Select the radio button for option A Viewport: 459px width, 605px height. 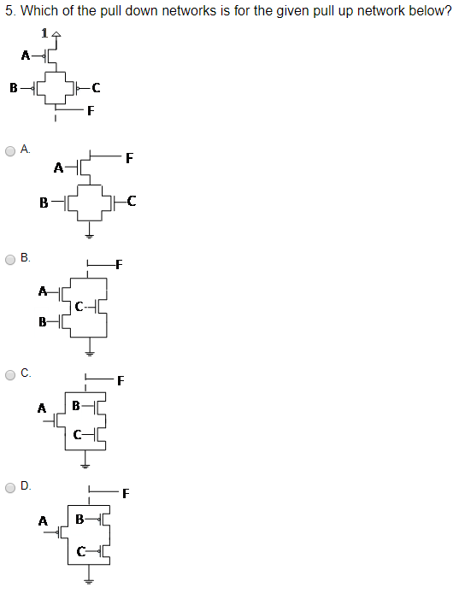pyautogui.click(x=10, y=150)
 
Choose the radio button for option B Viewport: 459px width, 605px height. pyautogui.click(x=10, y=257)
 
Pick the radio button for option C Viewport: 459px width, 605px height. pyautogui.click(x=10, y=373)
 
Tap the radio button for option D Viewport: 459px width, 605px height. pyautogui.click(x=10, y=487)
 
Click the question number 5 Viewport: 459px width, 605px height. pyautogui.click(x=9, y=11)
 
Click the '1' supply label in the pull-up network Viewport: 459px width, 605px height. pyautogui.click(x=44, y=33)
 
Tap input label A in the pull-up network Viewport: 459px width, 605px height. pyautogui.click(x=26, y=56)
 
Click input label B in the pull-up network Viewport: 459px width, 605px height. pyautogui.click(x=13, y=87)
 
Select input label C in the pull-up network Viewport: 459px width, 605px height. pyautogui.click(x=95, y=87)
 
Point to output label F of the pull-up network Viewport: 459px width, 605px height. pyautogui.click(x=90, y=109)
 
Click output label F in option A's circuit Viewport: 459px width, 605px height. pyautogui.click(x=129, y=157)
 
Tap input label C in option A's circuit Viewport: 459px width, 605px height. pyautogui.click(x=131, y=202)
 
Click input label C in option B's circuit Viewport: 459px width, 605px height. pyautogui.click(x=79, y=306)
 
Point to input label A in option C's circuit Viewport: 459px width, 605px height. pyautogui.click(x=41, y=408)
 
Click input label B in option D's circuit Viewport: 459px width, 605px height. pyautogui.click(x=79, y=518)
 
